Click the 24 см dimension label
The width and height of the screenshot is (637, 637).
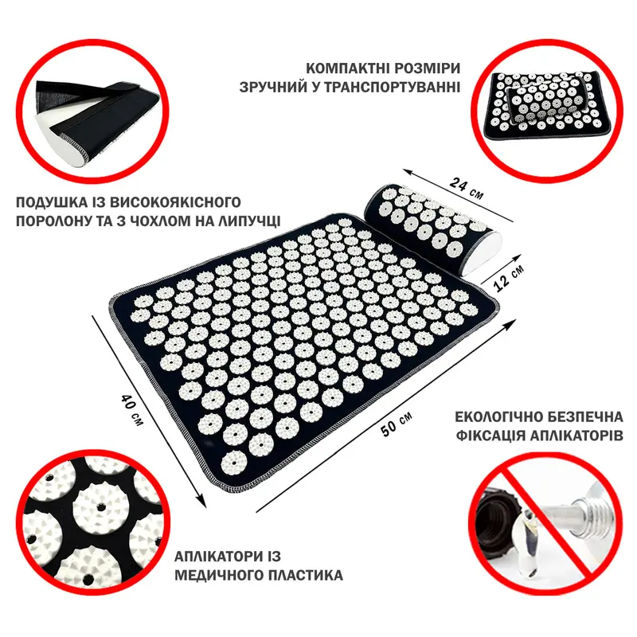(x=467, y=189)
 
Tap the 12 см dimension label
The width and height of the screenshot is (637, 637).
(x=509, y=276)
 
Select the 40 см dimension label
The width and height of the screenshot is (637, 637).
(x=131, y=408)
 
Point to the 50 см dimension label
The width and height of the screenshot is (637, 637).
(x=396, y=424)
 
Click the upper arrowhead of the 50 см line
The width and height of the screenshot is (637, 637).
(x=511, y=324)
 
